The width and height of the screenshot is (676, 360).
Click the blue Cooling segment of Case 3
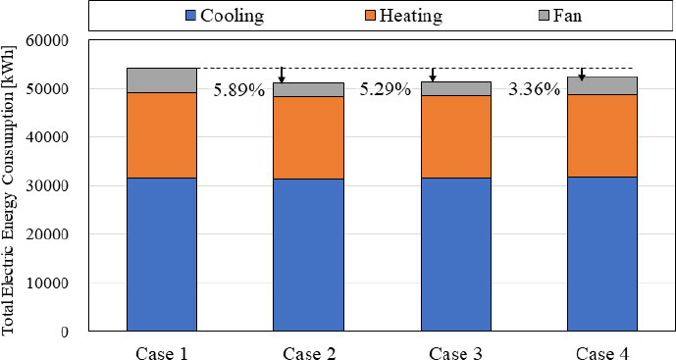tap(456, 254)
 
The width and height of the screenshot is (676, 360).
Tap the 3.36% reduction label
tap(534, 91)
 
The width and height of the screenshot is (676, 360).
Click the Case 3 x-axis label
tap(456, 350)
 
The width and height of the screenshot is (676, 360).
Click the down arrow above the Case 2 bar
tap(282, 76)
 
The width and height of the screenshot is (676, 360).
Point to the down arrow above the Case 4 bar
tap(582, 75)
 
